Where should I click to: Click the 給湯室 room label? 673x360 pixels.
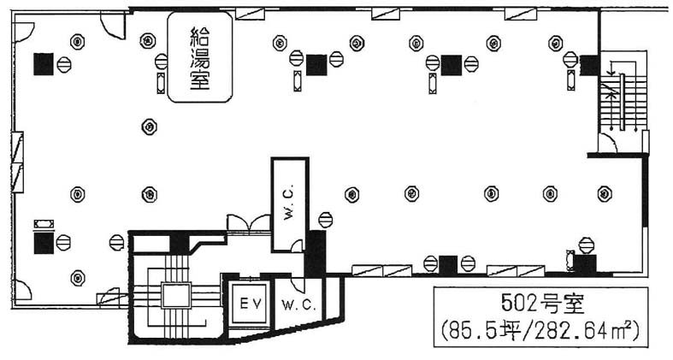199,57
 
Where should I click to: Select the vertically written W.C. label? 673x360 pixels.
289,204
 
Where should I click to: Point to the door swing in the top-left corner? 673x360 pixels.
22,32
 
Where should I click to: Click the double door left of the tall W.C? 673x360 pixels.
248,223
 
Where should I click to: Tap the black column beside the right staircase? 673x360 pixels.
588,63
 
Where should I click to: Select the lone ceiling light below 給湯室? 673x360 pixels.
150,127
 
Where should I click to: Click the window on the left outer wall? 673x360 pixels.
17,150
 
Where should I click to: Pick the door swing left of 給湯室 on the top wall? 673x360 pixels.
111,25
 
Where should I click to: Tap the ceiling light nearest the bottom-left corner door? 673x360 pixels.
78,276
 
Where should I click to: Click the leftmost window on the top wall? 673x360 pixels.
250,12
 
